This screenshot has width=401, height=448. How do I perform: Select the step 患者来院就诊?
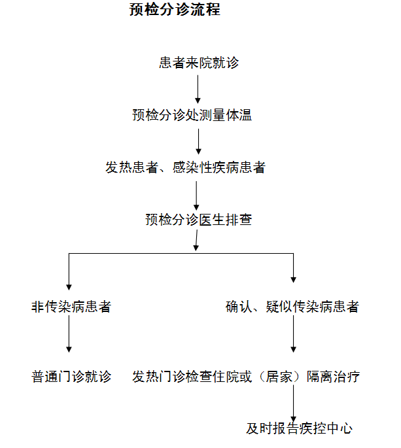(199, 63)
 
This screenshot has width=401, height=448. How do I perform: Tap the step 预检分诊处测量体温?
(192, 116)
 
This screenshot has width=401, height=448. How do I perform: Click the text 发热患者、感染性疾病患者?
(185, 167)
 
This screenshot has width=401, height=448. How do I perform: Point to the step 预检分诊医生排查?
(199, 220)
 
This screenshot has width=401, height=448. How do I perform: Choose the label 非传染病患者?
(71, 306)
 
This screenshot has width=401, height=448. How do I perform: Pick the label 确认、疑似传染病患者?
(292, 306)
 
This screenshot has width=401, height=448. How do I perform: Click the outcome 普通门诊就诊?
(71, 377)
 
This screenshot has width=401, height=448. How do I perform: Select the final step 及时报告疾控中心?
(299, 428)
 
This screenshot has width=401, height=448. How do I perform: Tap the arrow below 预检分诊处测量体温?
(198, 141)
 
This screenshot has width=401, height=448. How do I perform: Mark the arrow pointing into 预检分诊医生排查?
(196, 194)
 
